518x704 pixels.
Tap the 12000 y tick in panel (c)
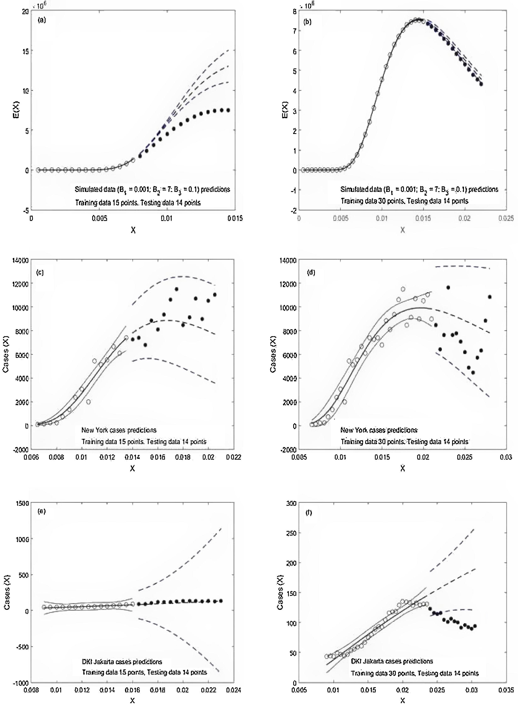20,283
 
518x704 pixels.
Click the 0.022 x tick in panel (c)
234,457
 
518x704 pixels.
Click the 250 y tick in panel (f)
292,533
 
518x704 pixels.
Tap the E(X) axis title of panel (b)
285,111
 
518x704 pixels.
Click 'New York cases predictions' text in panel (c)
119,430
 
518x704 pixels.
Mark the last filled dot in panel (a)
228,110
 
